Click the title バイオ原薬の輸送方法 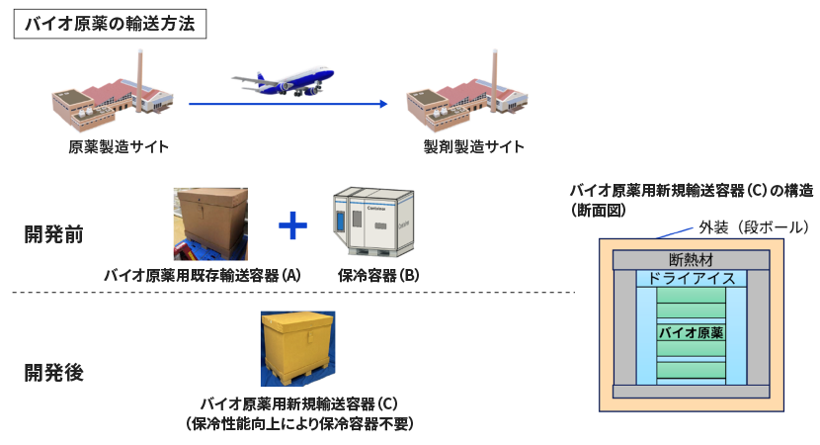click(x=109, y=25)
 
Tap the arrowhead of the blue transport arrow click(x=379, y=103)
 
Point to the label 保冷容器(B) click(x=376, y=275)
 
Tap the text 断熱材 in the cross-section click(x=691, y=260)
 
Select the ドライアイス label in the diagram click(x=691, y=279)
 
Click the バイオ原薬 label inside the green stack click(x=692, y=333)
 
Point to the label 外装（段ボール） click(x=753, y=226)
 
